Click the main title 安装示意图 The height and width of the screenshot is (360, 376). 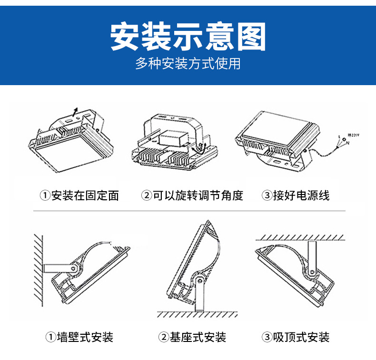[x=188, y=37]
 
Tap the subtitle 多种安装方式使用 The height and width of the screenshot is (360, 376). [x=188, y=64]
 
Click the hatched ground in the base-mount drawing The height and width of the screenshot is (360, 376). [x=198, y=314]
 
